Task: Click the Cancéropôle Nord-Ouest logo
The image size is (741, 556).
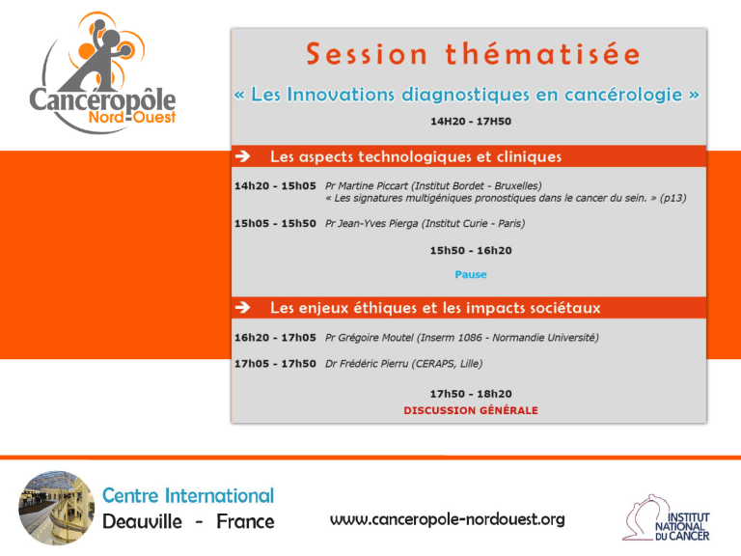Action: tap(102, 72)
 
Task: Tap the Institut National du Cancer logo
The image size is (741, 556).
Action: tap(667, 518)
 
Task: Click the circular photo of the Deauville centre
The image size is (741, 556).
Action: tap(57, 508)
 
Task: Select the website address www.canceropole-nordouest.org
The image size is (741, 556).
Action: tap(447, 519)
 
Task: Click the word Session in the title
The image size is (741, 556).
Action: tap(367, 54)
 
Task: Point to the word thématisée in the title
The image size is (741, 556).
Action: tap(542, 53)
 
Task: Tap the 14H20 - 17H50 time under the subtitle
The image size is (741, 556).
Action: tap(471, 122)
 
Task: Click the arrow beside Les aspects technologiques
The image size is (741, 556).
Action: tap(243, 156)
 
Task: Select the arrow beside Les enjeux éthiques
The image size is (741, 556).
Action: tap(243, 307)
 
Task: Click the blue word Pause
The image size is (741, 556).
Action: tap(471, 275)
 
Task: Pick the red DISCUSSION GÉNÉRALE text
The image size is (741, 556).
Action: tap(471, 410)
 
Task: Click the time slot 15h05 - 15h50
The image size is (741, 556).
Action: tap(275, 224)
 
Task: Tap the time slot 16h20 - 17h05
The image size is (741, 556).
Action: tap(275, 338)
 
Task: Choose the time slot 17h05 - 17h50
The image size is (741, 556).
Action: tap(275, 364)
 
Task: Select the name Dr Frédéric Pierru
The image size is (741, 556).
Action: tap(367, 364)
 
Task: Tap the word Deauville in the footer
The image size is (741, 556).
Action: tap(142, 522)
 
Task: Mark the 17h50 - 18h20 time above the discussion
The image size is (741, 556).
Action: tap(471, 394)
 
